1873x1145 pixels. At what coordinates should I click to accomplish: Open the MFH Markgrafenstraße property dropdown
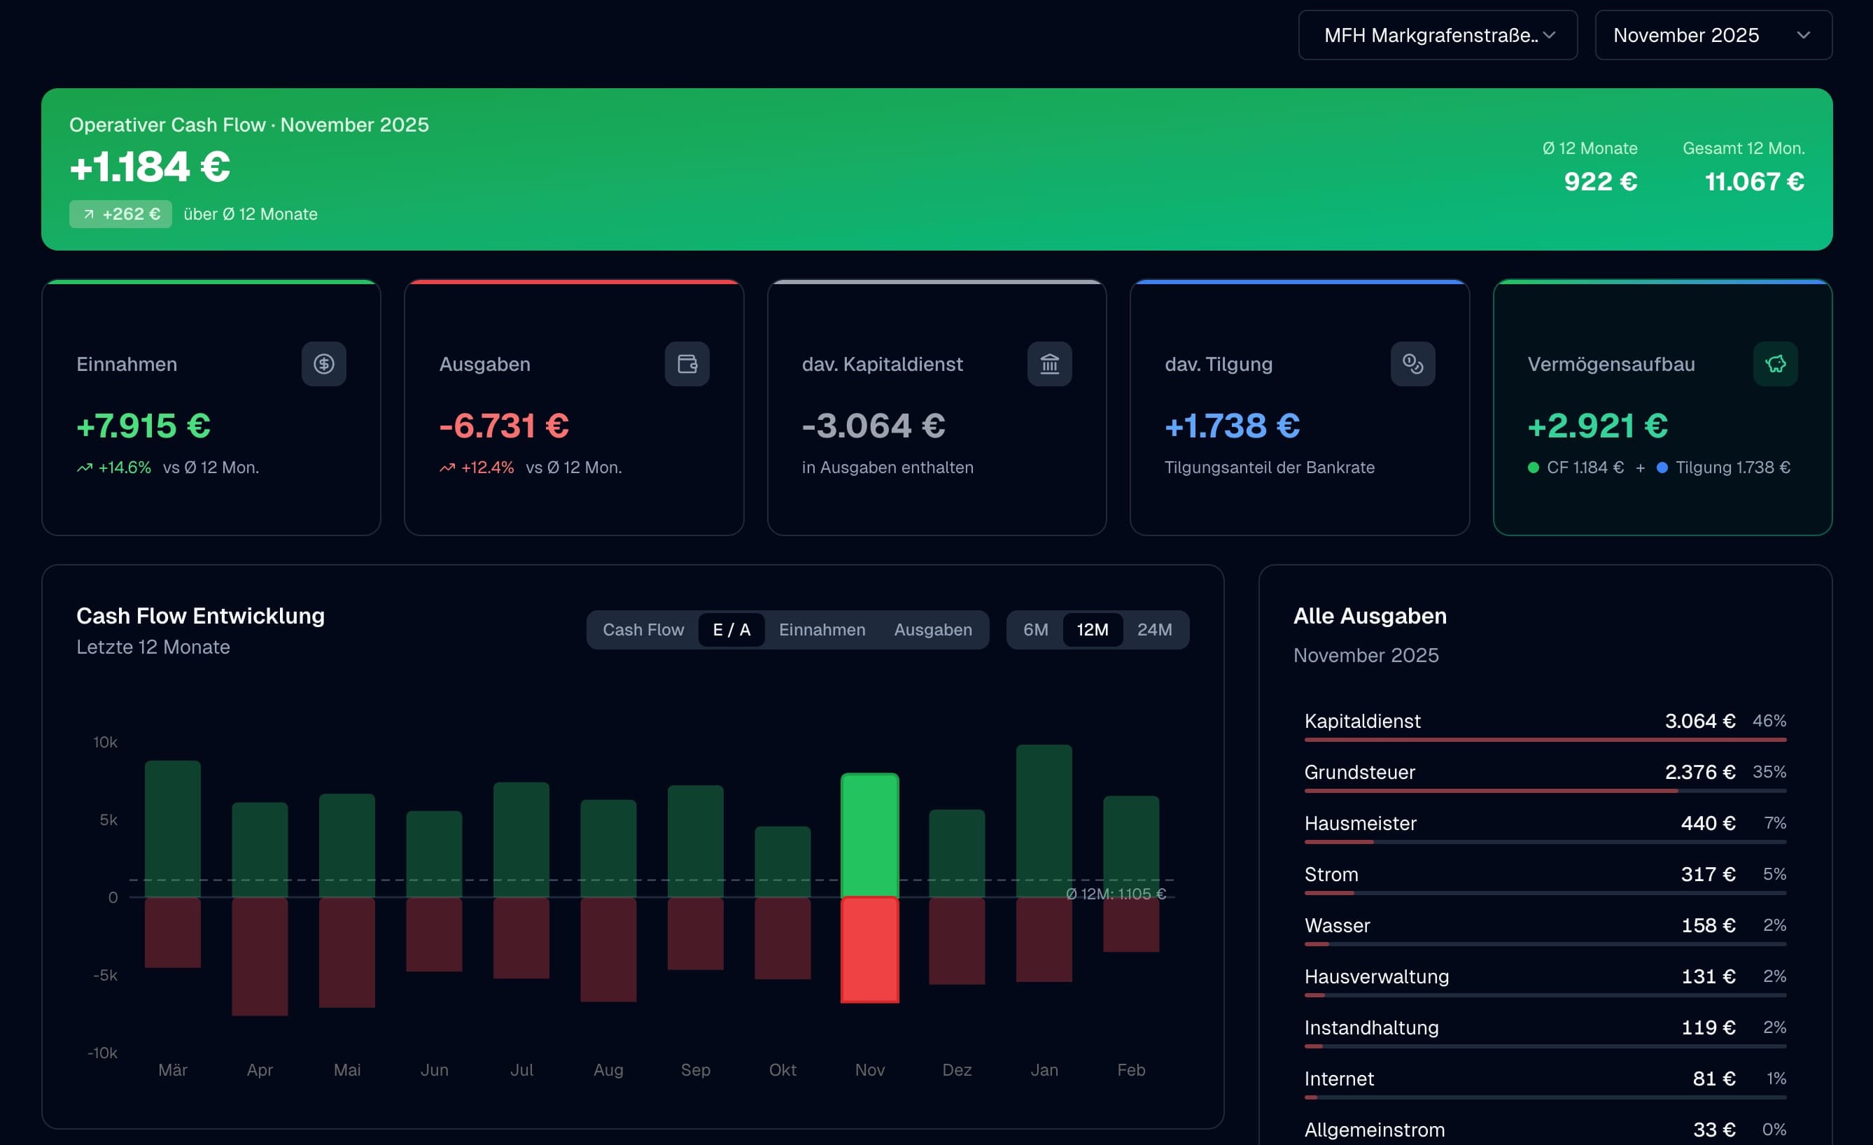pyautogui.click(x=1437, y=35)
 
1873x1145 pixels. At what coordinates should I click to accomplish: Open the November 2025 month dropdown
pyautogui.click(x=1713, y=35)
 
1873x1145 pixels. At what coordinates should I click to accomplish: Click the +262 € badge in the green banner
pyautogui.click(x=120, y=214)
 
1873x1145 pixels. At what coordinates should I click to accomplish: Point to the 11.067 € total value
pyautogui.click(x=1753, y=182)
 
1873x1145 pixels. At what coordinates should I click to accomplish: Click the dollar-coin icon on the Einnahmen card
pyautogui.click(x=324, y=364)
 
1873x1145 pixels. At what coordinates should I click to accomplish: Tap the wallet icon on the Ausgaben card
pyautogui.click(x=687, y=364)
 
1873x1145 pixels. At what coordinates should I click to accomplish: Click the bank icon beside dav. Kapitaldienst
pyautogui.click(x=1049, y=364)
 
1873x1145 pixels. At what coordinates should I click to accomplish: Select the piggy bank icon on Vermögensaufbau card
pyautogui.click(x=1775, y=364)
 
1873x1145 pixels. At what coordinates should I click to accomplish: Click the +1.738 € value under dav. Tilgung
pyautogui.click(x=1231, y=426)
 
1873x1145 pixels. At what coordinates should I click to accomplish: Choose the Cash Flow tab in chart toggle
pyautogui.click(x=643, y=629)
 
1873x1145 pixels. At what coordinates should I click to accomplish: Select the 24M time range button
pyautogui.click(x=1154, y=629)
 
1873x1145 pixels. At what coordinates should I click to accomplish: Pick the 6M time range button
pyautogui.click(x=1035, y=629)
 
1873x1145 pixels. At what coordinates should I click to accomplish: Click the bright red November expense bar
pyautogui.click(x=869, y=950)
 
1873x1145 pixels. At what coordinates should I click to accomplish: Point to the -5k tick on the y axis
pyautogui.click(x=105, y=976)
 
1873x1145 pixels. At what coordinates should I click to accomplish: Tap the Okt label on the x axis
pyautogui.click(x=783, y=1069)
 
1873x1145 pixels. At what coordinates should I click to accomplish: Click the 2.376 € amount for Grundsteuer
pyautogui.click(x=1699, y=773)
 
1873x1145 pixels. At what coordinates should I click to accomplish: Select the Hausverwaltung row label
pyautogui.click(x=1376, y=976)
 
